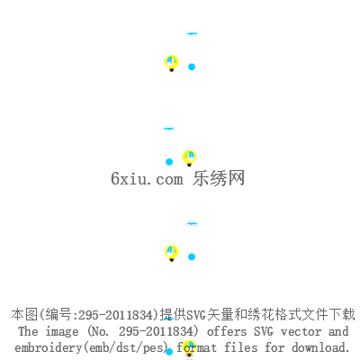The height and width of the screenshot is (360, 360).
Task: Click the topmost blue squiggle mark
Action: coord(192,33)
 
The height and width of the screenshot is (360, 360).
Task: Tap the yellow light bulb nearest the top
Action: coord(172,63)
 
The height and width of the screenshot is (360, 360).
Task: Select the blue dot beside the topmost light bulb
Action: coord(192,67)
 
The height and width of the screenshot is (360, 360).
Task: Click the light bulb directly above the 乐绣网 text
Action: coord(189,158)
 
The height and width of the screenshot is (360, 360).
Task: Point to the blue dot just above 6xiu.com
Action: coord(169,162)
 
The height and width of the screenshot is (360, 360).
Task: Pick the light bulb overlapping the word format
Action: coord(189,348)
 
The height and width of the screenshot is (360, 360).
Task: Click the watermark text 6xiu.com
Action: coord(147,179)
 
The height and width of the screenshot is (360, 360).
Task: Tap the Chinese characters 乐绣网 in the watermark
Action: coord(219,178)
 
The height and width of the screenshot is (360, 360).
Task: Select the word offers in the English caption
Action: coord(227,331)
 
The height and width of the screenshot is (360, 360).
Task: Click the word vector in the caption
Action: coord(301,331)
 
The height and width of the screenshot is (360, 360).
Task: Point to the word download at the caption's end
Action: coord(320,347)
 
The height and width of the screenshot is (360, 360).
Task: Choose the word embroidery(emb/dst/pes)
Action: coord(91,347)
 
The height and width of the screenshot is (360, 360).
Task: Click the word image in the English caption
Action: coord(62,332)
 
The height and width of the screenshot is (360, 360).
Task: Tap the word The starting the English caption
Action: coord(28,331)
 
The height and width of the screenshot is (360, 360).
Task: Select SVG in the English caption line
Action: coord(264,331)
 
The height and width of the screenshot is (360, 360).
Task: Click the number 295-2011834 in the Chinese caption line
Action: coord(116,315)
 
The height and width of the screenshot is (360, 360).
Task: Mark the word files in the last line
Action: coord(241,347)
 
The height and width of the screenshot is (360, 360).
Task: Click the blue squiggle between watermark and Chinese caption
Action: coord(192,223)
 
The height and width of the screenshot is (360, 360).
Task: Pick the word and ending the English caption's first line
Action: coord(338,331)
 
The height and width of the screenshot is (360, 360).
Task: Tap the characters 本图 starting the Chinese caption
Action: coord(24,315)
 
